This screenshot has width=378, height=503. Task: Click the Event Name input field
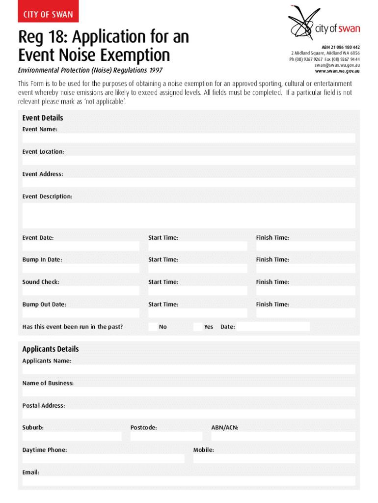[x=189, y=139]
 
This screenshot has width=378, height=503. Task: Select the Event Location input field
[x=189, y=161]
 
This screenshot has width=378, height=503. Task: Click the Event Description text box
[x=189, y=216]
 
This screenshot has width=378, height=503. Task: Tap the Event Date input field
[x=81, y=246]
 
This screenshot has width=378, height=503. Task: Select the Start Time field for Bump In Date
[x=198, y=269]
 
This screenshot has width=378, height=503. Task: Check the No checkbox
[x=153, y=327]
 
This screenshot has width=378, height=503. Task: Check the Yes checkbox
[x=198, y=327]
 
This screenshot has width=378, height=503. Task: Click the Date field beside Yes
[x=273, y=327]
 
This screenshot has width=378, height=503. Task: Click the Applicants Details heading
[x=51, y=349]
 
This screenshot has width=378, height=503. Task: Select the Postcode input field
[x=166, y=436]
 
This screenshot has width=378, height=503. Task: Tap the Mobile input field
[x=274, y=459]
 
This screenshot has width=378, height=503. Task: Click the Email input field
[x=189, y=481]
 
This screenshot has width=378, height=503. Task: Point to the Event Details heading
[x=43, y=118]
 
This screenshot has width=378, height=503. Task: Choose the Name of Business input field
[x=189, y=391]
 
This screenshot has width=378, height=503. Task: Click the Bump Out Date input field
[x=81, y=313]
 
